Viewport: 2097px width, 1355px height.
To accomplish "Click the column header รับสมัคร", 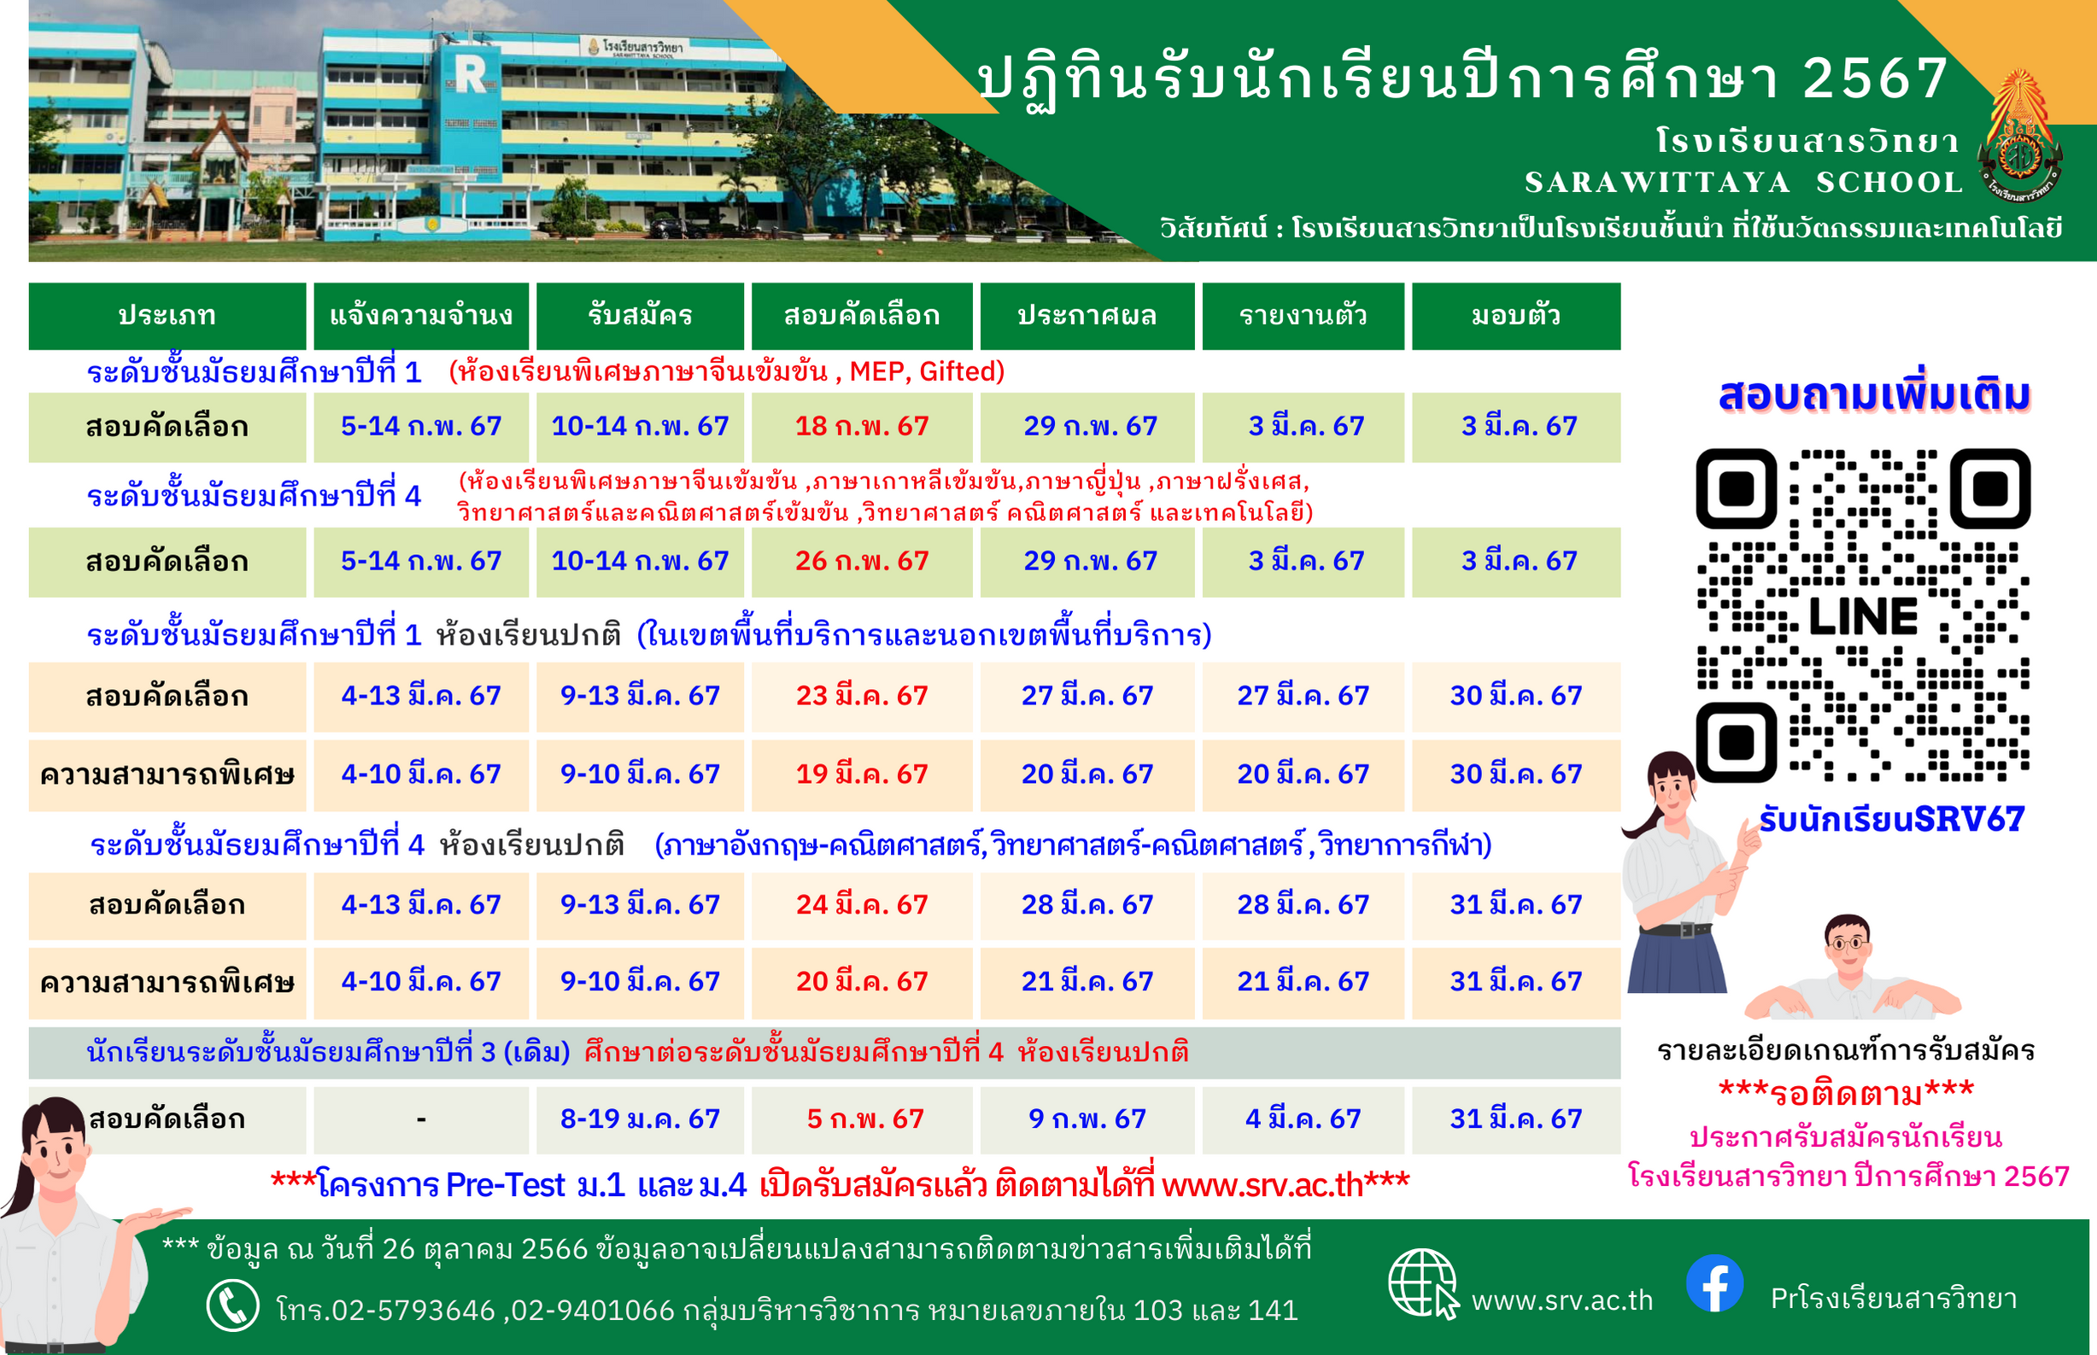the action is pos(640,315).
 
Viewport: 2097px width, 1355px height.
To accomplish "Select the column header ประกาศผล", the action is pos(1087,315).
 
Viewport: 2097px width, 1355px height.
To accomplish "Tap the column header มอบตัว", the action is pos(1515,315).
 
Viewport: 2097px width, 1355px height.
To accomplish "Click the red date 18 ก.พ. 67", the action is pos(862,427).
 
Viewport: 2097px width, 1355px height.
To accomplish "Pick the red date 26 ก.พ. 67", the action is pos(862,561).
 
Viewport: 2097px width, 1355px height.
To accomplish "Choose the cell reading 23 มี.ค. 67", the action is pos(862,696).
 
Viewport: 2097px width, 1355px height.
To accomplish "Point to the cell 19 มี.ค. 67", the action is pos(862,774).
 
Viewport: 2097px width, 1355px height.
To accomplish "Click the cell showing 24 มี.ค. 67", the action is pos(862,904).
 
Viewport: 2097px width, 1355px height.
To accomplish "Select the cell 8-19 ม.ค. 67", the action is pos(640,1119).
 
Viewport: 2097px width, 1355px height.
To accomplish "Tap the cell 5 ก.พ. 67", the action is pos(865,1119).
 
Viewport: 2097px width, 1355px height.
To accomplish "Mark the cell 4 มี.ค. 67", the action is pos(1303,1119).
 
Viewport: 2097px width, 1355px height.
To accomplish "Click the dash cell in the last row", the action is pos(421,1120).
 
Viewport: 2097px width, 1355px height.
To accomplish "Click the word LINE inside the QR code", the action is pos(1863,616).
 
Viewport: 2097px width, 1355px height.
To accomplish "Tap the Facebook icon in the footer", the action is pos(1715,1282).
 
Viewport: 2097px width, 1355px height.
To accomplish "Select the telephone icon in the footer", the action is pos(232,1305).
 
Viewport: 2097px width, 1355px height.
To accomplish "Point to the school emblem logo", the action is pos(2020,137).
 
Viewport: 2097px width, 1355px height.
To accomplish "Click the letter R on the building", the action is pos(471,74).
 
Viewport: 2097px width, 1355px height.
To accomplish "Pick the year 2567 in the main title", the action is pos(1875,79).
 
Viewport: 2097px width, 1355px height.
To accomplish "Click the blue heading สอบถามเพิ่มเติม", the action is pos(1874,396).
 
